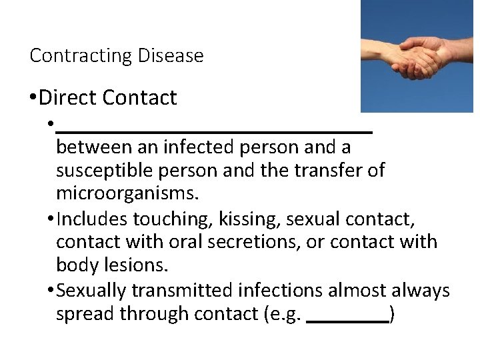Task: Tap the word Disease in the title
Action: point(170,55)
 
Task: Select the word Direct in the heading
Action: point(70,98)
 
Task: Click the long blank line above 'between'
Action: point(214,133)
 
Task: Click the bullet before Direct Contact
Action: point(33,99)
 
